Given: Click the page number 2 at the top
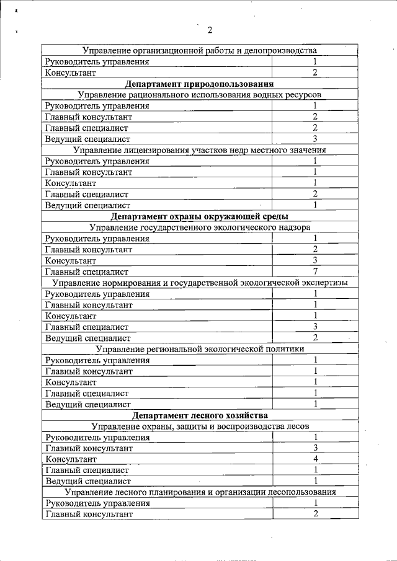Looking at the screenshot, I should click(210, 29).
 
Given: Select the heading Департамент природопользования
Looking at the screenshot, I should click(199, 83).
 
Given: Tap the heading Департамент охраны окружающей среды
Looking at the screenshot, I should click(199, 216).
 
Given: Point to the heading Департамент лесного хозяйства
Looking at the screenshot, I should click(199, 415).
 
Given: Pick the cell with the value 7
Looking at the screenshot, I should click(315, 271).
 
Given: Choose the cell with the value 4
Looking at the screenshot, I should click(315, 459).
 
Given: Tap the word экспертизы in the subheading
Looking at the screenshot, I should click(321, 283).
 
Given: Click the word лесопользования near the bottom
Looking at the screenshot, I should click(304, 492).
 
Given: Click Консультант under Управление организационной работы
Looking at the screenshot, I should click(70, 73).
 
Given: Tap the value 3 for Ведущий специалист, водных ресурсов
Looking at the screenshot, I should click(315, 138).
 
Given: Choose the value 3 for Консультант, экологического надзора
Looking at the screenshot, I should click(315, 260).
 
